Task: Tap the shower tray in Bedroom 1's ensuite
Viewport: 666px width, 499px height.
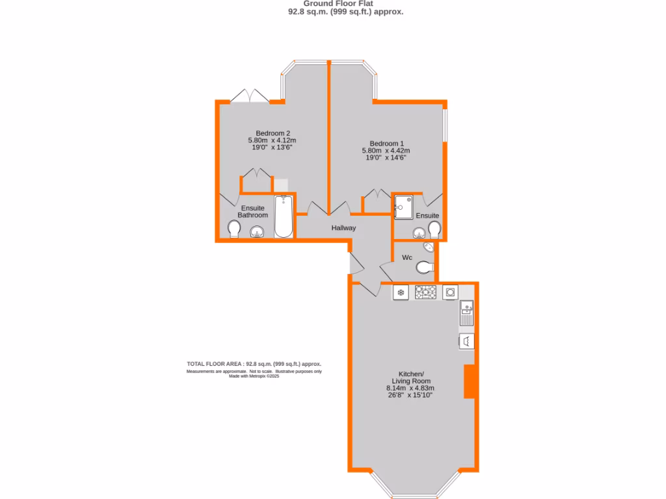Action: click(403, 207)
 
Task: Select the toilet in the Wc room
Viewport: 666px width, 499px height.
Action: click(424, 267)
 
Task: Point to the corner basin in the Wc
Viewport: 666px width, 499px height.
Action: click(431, 248)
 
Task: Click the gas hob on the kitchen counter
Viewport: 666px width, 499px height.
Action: click(425, 292)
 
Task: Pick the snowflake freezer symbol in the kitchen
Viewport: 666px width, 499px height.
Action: click(401, 292)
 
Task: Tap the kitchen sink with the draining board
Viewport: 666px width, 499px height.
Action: click(467, 313)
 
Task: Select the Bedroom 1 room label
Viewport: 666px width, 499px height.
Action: click(386, 144)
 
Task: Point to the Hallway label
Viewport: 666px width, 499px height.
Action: click(343, 228)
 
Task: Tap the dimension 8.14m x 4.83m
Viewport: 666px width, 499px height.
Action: click(410, 388)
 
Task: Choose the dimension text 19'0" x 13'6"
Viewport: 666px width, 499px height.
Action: click(272, 147)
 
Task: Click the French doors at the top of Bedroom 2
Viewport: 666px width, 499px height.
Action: click(250, 96)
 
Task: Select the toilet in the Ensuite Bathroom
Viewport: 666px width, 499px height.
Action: click(234, 229)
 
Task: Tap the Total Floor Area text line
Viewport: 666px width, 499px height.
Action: click(254, 364)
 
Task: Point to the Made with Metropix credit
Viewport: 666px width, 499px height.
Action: click(254, 376)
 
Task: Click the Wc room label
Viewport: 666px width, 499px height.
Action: click(407, 258)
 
